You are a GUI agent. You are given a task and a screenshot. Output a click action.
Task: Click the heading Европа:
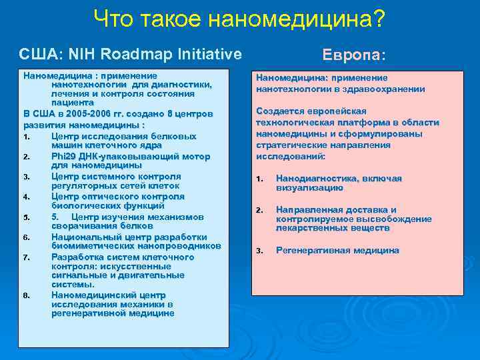tap(354, 54)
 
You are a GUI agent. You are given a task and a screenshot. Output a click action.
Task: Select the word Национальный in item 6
tap(83, 237)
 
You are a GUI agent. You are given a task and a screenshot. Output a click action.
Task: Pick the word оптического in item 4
tap(109, 197)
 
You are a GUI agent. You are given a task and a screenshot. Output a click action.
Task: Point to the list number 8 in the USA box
tap(25, 295)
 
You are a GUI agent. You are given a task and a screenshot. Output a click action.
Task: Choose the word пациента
tap(72, 104)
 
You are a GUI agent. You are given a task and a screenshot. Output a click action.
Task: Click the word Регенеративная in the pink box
tap(309, 251)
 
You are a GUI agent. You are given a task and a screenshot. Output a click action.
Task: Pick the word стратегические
tap(287, 145)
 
